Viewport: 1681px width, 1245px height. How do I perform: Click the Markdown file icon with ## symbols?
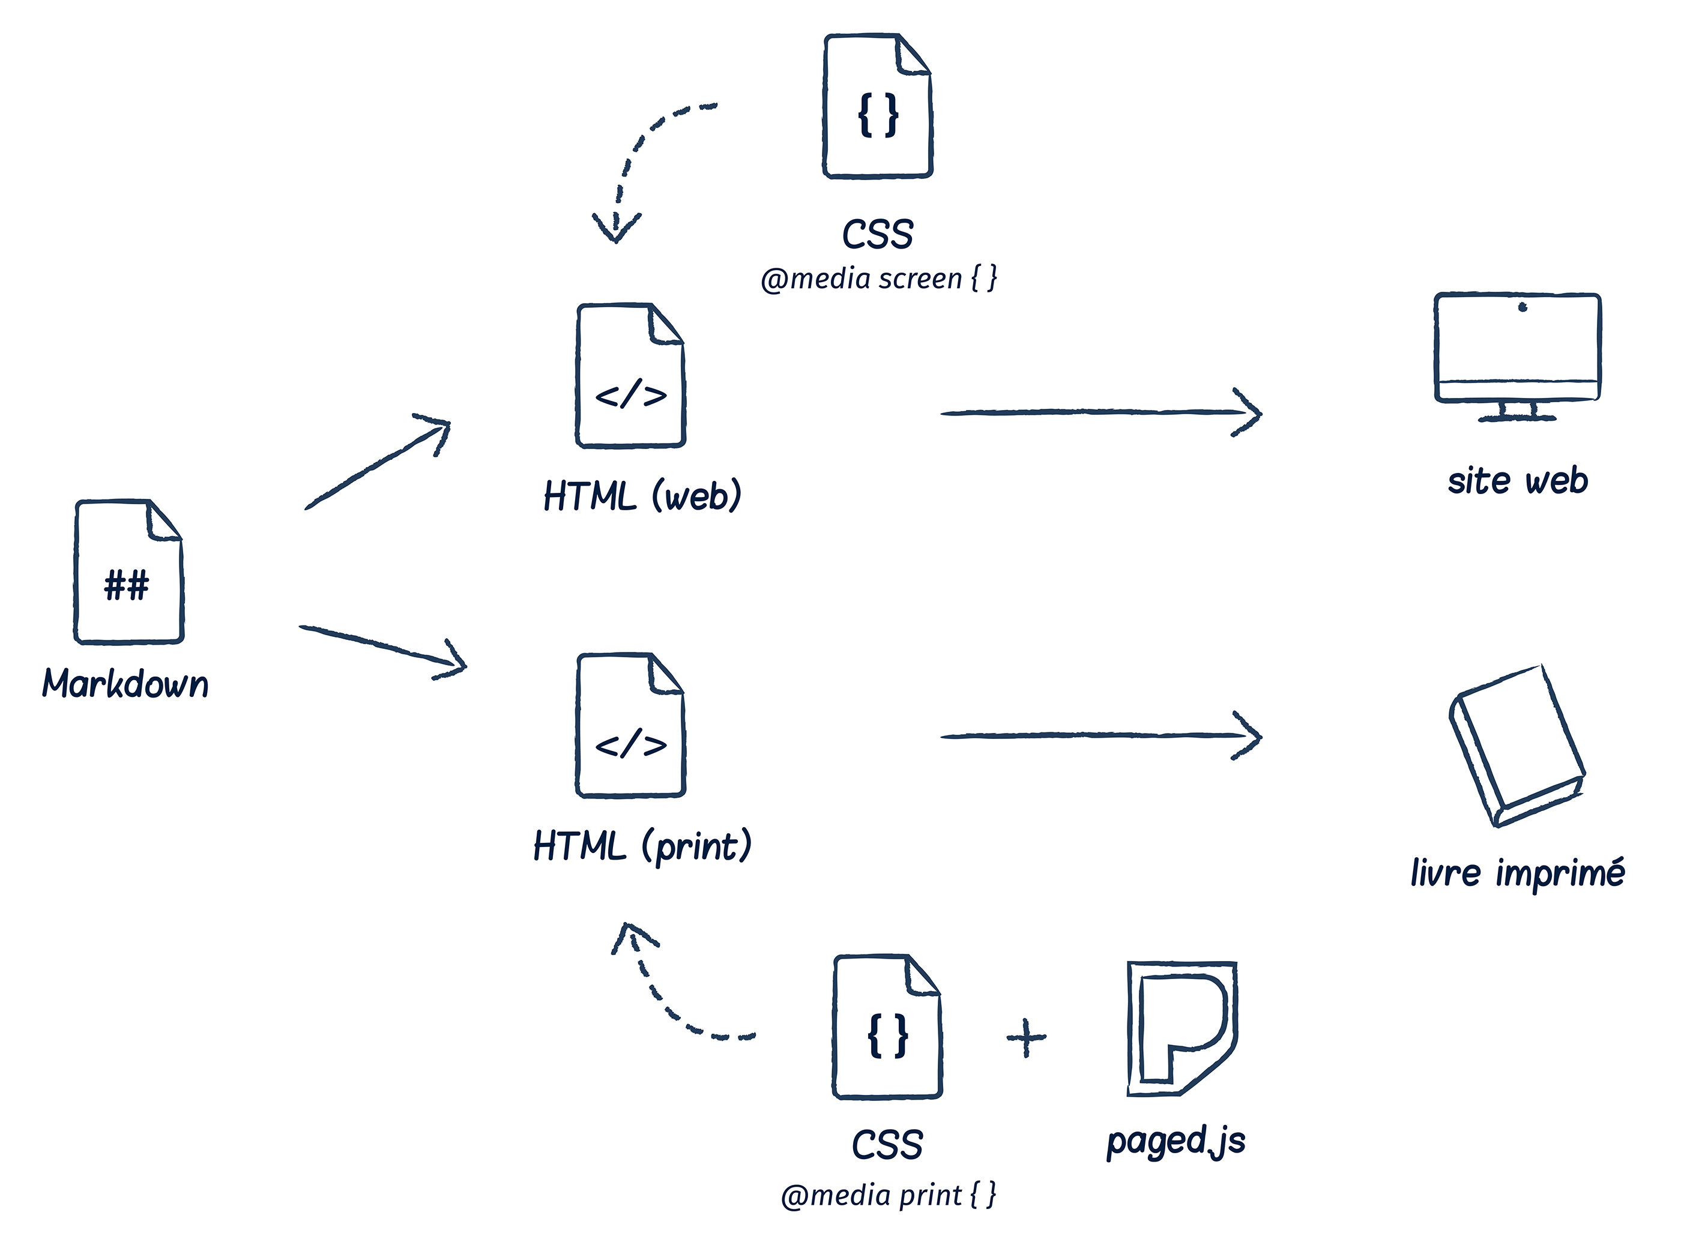click(128, 572)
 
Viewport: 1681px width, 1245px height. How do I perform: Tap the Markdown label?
click(125, 684)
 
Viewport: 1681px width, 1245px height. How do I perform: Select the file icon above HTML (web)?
click(630, 376)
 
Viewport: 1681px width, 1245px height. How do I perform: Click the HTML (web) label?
click(642, 496)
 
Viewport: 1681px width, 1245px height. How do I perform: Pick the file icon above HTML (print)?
click(630, 726)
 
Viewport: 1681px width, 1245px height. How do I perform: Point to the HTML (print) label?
click(642, 846)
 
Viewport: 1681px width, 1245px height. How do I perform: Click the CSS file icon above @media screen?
click(878, 106)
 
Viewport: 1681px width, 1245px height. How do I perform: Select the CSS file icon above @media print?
click(887, 1027)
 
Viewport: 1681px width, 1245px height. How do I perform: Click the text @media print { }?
click(889, 1195)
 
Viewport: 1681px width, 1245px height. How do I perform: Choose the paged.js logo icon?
click(1180, 1029)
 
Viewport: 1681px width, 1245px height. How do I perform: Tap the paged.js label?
click(1175, 1141)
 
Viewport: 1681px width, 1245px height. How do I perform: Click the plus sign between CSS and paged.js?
click(1027, 1039)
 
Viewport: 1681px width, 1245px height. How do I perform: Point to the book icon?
click(1517, 746)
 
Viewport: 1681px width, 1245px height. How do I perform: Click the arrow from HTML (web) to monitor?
click(1100, 412)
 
